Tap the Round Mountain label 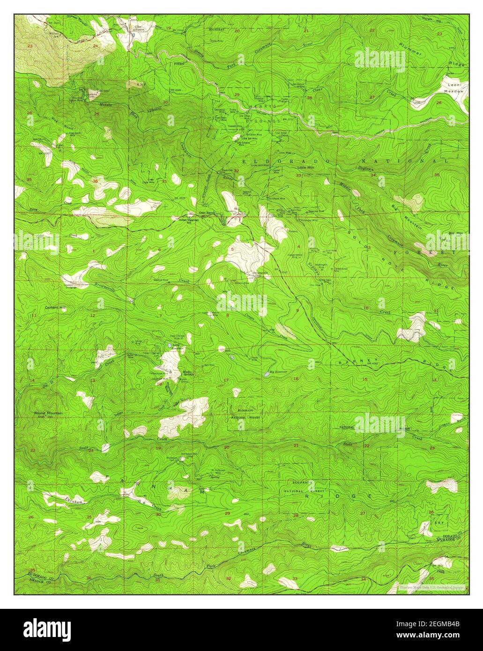tap(48, 413)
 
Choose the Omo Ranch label tap(207, 213)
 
